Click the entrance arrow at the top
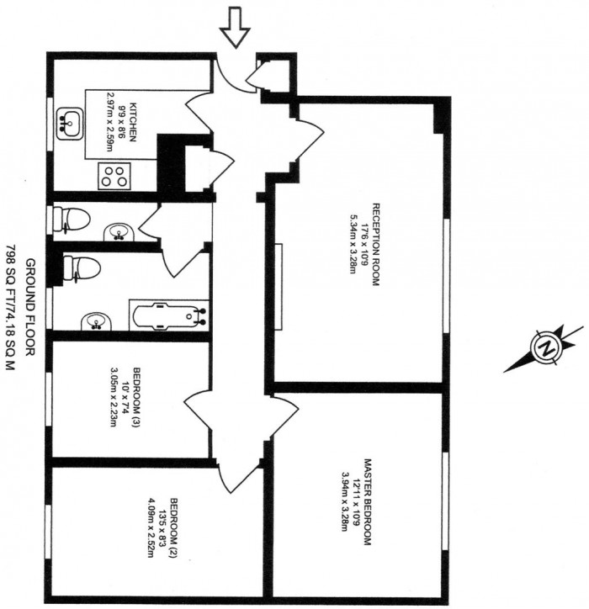234,28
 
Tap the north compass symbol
545,348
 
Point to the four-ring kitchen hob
116,177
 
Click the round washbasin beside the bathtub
94,320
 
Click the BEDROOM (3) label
135,396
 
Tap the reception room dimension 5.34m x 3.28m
353,245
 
